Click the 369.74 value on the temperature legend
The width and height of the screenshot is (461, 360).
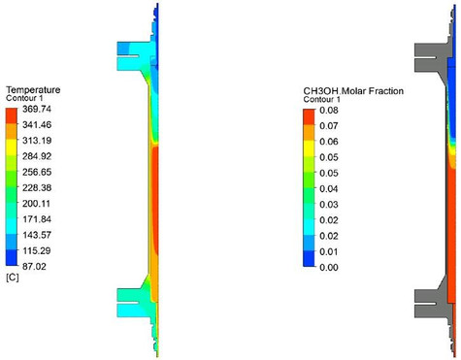(x=37, y=109)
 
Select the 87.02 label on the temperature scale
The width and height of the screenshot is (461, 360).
(x=34, y=267)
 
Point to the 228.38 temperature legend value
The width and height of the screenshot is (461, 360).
(x=37, y=187)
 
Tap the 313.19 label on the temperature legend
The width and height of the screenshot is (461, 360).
(x=37, y=141)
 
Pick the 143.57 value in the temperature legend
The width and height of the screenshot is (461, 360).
(x=37, y=235)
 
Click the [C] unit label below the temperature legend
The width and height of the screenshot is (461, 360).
(x=13, y=278)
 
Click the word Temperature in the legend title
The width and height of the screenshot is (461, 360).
(x=33, y=90)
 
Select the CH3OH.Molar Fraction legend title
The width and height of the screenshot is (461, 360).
(x=353, y=91)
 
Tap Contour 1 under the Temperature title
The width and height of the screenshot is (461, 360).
(x=24, y=98)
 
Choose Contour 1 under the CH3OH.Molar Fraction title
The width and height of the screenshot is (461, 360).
(x=321, y=99)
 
